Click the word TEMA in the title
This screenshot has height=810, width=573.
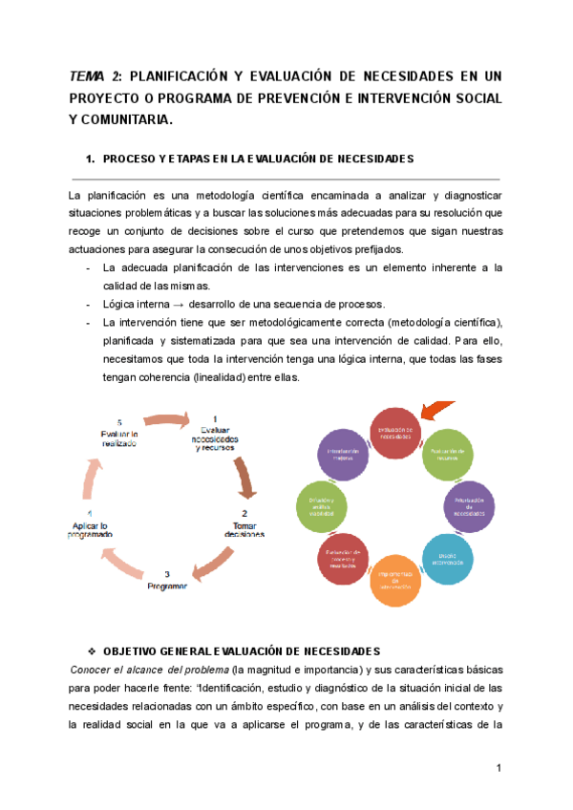pyautogui.click(x=87, y=75)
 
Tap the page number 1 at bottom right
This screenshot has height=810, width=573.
pyautogui.click(x=499, y=768)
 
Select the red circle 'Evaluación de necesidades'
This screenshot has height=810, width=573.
pyautogui.click(x=394, y=433)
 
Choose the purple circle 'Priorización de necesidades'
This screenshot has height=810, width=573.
pyautogui.click(x=470, y=505)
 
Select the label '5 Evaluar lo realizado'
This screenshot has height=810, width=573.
pyautogui.click(x=119, y=433)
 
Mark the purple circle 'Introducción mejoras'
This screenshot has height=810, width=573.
pyautogui.click(x=341, y=453)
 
